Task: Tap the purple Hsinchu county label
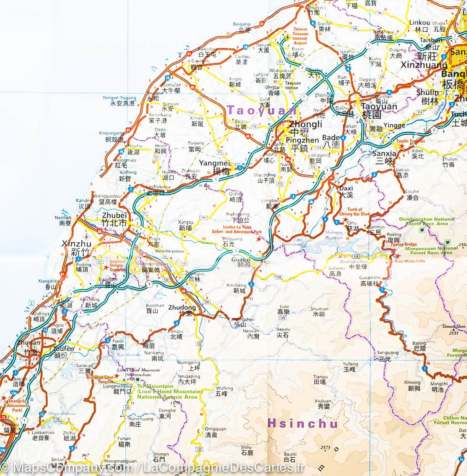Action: (302, 423)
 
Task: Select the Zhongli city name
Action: (306, 124)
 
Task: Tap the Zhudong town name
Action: (182, 307)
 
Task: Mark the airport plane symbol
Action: (287, 37)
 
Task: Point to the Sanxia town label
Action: (384, 154)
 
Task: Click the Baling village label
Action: (420, 343)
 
